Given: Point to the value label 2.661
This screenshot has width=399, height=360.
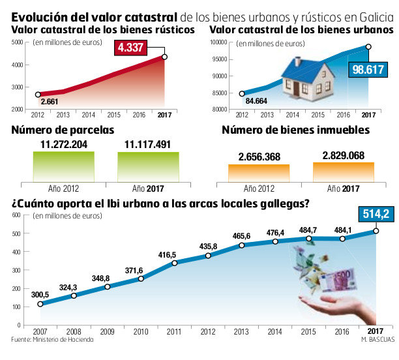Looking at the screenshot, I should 50,101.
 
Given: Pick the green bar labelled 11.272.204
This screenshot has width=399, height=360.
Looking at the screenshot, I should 63,166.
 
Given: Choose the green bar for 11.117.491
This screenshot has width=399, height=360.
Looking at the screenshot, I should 149,166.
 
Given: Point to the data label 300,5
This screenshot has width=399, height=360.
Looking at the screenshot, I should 40,293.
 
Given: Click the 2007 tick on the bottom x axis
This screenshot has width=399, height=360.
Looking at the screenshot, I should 40,331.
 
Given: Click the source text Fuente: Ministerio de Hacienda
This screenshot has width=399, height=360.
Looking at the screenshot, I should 52,340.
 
